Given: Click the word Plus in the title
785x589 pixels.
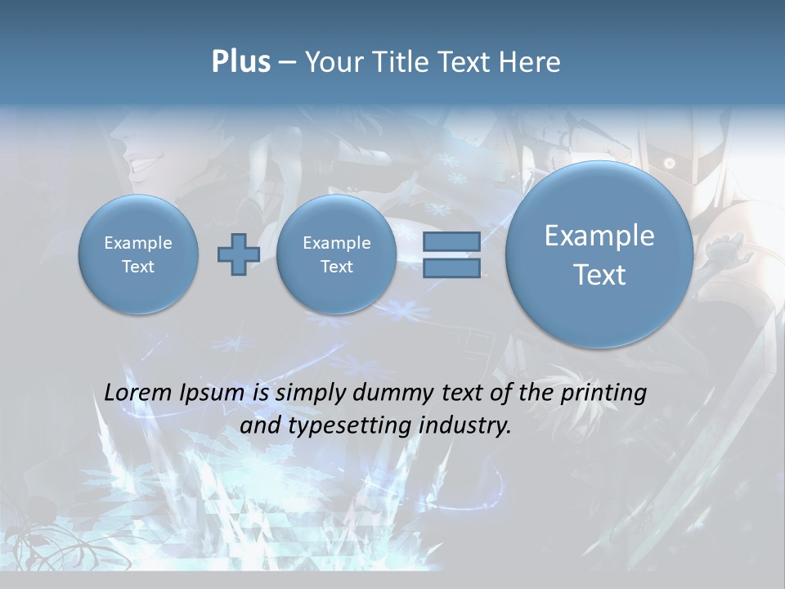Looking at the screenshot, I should (x=240, y=61).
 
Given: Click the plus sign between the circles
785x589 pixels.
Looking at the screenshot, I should (x=239, y=254).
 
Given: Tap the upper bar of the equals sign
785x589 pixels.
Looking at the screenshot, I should (x=451, y=241).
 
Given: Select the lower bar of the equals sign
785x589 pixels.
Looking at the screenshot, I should (x=451, y=268).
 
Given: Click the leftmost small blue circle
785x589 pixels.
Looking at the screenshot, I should (x=138, y=254).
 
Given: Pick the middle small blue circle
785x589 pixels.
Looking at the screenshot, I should (x=336, y=254).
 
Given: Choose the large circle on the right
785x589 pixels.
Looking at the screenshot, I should (x=599, y=254).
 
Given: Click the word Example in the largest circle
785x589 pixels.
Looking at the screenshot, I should (x=599, y=236).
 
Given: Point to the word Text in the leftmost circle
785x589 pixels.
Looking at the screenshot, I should (x=138, y=267).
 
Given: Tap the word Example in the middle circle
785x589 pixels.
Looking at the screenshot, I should (x=336, y=243).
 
